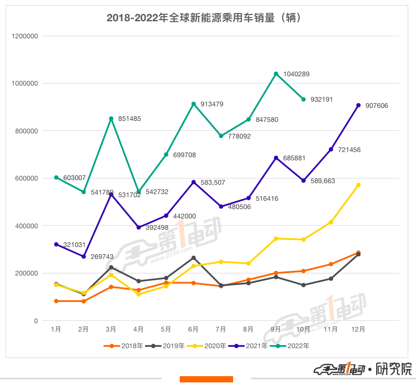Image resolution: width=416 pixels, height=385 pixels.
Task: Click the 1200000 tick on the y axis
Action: (24, 36)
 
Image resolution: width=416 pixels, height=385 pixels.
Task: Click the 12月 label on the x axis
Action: (358, 329)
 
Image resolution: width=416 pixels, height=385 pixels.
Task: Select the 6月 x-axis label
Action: (194, 329)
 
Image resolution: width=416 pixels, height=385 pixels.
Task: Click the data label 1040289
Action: (296, 74)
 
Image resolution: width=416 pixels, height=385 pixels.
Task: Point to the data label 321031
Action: (74, 245)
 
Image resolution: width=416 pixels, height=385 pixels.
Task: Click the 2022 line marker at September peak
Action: (276, 74)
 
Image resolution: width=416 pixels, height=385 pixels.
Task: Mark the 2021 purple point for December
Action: (358, 105)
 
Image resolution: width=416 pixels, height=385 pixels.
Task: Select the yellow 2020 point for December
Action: (358, 185)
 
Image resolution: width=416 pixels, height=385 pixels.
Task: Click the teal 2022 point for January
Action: (56, 177)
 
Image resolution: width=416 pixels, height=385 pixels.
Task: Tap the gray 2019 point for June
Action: (194, 258)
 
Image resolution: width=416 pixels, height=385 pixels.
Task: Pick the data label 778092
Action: (239, 137)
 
